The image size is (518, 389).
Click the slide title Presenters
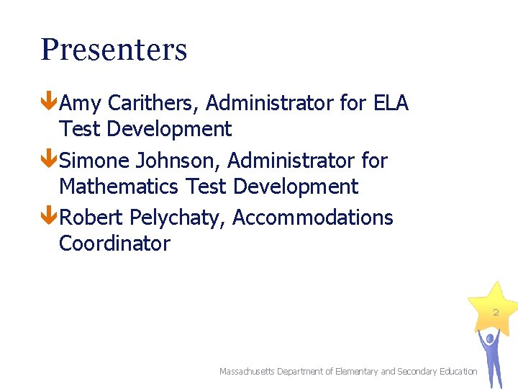pyautogui.click(x=114, y=50)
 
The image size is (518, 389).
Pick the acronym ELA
pyautogui.click(x=391, y=103)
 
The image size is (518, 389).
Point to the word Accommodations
pyautogui.click(x=313, y=217)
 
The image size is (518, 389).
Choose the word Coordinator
pyautogui.click(x=114, y=243)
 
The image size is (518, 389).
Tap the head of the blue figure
pyautogui.click(x=490, y=336)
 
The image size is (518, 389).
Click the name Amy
pyautogui.click(x=81, y=104)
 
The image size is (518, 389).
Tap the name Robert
pyautogui.click(x=91, y=217)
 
